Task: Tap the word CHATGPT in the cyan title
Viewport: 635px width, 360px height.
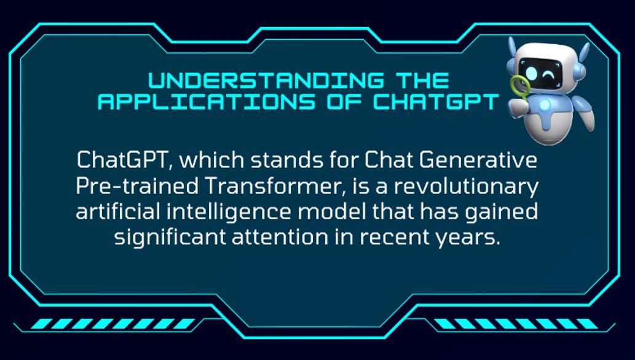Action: [x=435, y=101]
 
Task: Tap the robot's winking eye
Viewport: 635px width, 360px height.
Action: [x=548, y=75]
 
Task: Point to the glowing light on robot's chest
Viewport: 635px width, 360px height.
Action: [x=545, y=105]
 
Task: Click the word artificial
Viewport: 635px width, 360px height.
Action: [x=118, y=211]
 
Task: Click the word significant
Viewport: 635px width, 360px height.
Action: [x=170, y=238]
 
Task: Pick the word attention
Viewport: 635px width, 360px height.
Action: [x=280, y=237]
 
